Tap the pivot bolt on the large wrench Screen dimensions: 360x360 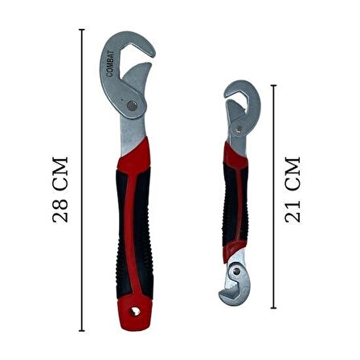(129, 104)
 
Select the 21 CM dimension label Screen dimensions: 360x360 (293, 190)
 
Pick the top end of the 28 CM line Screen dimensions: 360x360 (81, 31)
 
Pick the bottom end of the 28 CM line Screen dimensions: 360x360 (81, 330)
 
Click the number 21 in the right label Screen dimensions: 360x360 (293, 211)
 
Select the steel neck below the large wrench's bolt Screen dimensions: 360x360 (129, 137)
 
